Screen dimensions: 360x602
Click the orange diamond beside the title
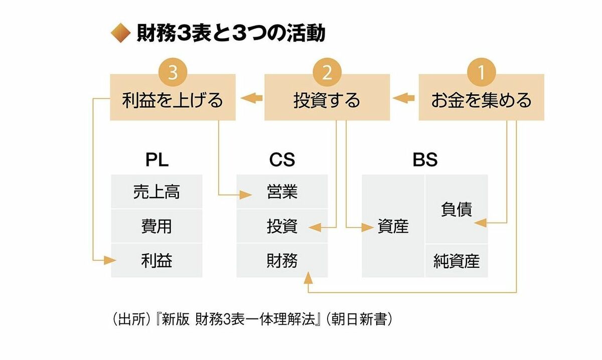[x=120, y=34]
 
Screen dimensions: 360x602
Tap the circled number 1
[x=482, y=74]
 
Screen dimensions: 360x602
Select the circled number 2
[x=327, y=74]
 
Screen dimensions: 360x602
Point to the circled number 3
[x=173, y=74]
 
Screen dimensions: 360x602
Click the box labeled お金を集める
[x=482, y=100]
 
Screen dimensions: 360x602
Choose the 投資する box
[x=327, y=100]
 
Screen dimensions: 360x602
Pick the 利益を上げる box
[x=173, y=100]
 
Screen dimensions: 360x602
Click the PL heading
[x=157, y=160]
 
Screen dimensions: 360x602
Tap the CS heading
[x=282, y=160]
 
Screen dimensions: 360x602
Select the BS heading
[x=425, y=160]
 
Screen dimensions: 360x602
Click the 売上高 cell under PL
[x=157, y=192]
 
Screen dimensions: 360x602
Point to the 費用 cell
[x=157, y=226]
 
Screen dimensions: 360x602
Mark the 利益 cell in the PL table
[x=157, y=260]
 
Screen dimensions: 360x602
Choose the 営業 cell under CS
[x=282, y=192]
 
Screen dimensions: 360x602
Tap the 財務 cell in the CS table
[x=282, y=260]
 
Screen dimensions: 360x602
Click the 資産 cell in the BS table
[x=393, y=226]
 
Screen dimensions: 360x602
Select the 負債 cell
[x=457, y=209]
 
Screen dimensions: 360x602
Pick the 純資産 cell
[x=457, y=261]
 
